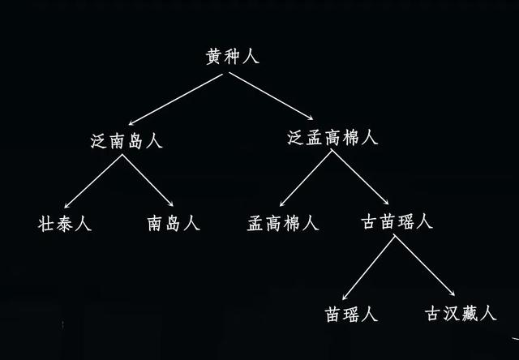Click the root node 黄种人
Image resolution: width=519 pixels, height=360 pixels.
pos(233,56)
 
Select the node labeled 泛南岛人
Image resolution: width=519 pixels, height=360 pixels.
pos(127,139)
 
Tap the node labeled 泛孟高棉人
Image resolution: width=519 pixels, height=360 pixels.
pos(332,138)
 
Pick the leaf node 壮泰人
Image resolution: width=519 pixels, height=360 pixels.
pos(65,223)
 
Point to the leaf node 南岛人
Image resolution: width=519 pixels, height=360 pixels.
pos(173,223)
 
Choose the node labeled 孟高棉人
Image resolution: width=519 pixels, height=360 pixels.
pos(283,223)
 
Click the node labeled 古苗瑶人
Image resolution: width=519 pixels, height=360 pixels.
pos(396,221)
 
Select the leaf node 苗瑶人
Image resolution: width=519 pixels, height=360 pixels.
pos(351,314)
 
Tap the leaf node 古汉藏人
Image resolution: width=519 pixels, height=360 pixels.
pos(460,314)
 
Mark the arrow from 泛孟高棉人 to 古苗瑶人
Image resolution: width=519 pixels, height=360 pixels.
pos(360,180)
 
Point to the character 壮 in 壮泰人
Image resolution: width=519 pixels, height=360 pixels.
pos(46,223)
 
